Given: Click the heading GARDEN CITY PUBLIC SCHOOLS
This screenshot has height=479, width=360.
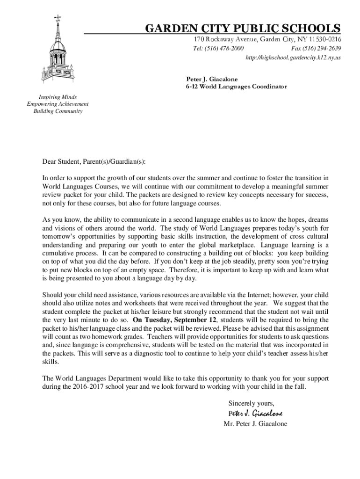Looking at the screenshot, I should [243, 29].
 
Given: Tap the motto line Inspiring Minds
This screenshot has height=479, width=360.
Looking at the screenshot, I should [58, 97].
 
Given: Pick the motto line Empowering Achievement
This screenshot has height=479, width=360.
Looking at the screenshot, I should [58, 104].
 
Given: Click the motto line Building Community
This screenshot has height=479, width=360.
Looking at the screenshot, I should [58, 111].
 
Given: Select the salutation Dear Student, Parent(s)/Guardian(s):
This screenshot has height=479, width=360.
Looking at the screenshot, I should [94, 162].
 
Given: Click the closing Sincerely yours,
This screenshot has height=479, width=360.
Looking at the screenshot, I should [251, 403].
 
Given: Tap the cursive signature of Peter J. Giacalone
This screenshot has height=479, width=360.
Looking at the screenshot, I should [255, 414].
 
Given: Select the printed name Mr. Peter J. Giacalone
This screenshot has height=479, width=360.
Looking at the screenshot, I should [255, 424].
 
